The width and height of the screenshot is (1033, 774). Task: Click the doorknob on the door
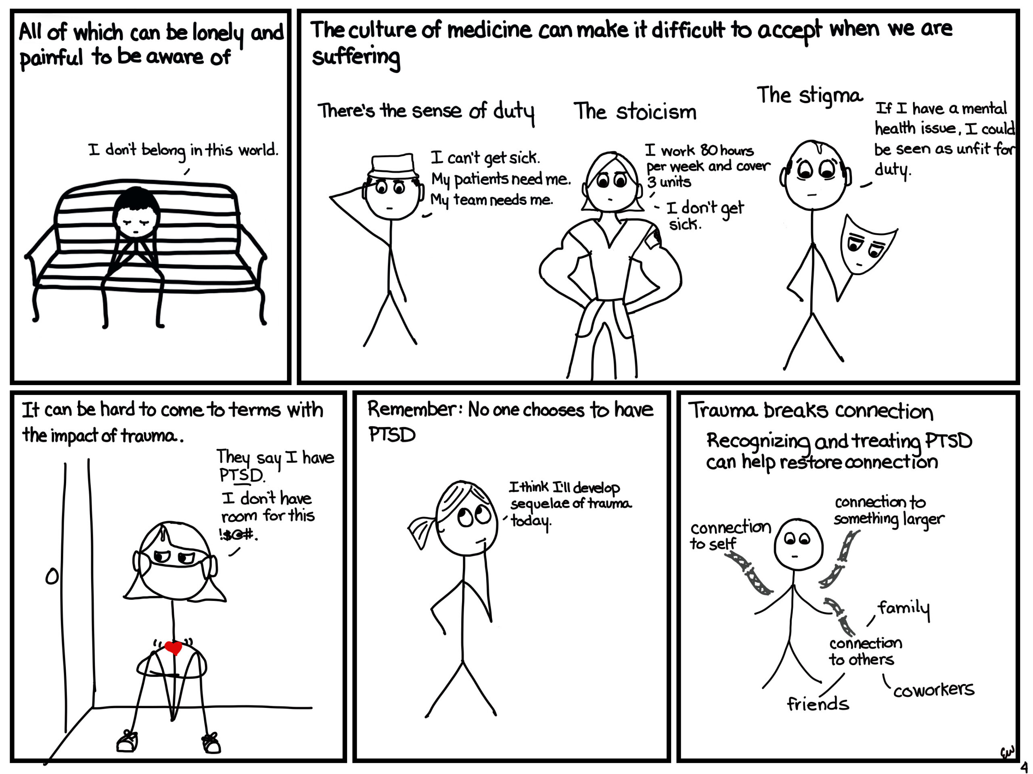tap(52, 577)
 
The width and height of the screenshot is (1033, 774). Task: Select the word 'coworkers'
tap(933, 690)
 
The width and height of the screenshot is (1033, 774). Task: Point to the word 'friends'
tap(818, 703)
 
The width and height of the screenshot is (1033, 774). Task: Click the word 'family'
tap(903, 609)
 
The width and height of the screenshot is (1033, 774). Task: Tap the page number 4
tap(1024, 767)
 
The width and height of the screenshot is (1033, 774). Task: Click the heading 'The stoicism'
tap(635, 112)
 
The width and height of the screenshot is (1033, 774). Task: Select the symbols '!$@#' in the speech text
tap(238, 534)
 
